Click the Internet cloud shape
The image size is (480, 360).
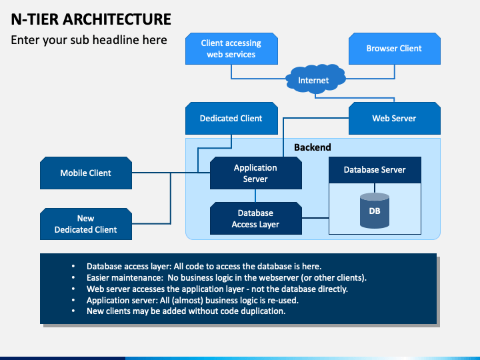tap(315, 79)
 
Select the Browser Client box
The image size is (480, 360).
tap(394, 49)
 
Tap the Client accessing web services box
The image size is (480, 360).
tap(231, 49)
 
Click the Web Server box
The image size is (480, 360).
tap(394, 119)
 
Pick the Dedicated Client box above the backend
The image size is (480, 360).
tap(231, 119)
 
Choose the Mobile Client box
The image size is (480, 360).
tap(86, 173)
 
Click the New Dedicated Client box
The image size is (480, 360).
tap(86, 224)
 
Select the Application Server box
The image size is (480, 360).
tap(255, 173)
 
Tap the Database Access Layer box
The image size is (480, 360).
tap(255, 218)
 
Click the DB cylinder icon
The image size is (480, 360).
tap(375, 211)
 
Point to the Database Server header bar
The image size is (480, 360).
tap(375, 170)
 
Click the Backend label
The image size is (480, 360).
tap(312, 147)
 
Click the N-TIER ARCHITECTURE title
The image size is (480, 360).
tap(91, 19)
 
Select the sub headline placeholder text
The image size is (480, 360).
tap(89, 40)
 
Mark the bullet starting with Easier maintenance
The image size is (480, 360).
tap(227, 277)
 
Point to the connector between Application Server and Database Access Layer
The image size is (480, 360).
tap(255, 195)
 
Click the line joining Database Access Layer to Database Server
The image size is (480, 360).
tap(315, 218)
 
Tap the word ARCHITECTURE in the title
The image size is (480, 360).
tap(117, 19)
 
